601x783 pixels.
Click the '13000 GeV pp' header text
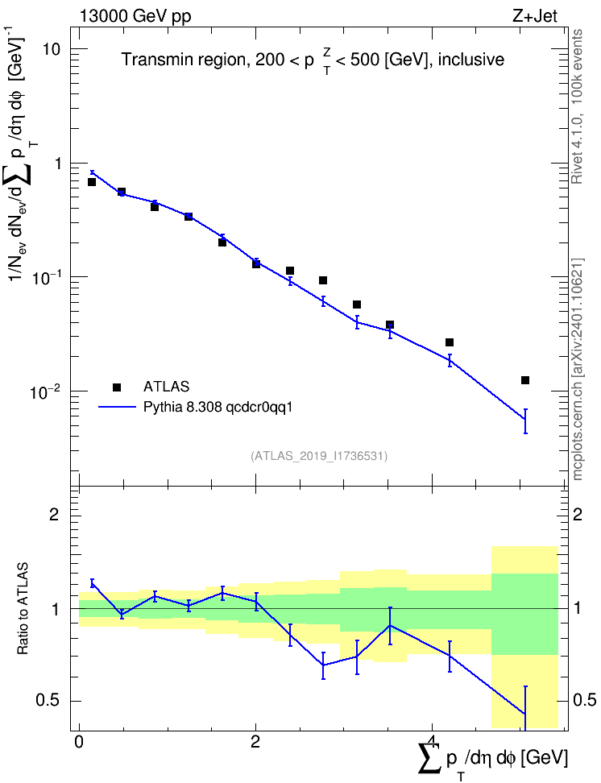[135, 16]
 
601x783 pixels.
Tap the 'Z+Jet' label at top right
[535, 16]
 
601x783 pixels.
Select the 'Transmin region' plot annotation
[182, 60]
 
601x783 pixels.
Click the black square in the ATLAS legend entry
[116, 387]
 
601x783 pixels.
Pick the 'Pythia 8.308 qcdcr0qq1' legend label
[218, 408]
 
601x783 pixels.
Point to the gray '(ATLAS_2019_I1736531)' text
[319, 456]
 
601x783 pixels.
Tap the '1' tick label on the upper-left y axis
[56, 164]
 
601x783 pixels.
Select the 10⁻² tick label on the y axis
[45, 390]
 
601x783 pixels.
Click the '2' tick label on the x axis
[255, 742]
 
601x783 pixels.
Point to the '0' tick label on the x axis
[79, 742]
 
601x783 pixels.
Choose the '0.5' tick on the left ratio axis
[49, 701]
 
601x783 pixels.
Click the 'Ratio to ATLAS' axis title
[23, 609]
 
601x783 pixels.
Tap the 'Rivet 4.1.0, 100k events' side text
[577, 106]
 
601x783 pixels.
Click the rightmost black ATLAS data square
[525, 380]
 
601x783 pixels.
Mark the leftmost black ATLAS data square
[92, 182]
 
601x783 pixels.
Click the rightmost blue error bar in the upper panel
[525, 421]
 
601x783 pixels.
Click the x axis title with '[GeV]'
[492, 759]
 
